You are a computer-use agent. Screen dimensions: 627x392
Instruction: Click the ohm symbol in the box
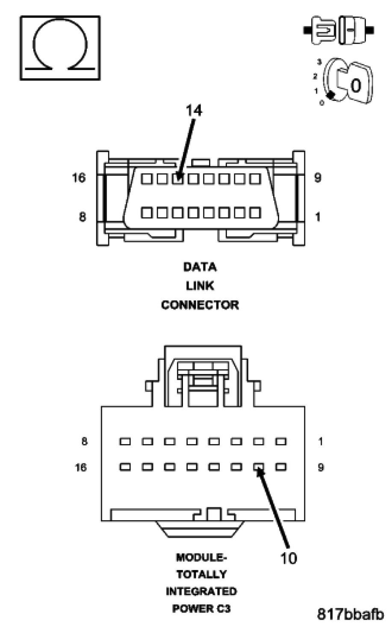point(60,47)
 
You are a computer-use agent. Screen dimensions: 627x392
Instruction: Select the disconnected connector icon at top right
point(339,29)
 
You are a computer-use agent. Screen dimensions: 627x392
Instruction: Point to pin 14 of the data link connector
point(178,178)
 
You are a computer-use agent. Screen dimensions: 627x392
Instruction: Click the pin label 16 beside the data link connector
point(79,178)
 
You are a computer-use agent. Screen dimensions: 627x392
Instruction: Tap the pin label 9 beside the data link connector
point(318,178)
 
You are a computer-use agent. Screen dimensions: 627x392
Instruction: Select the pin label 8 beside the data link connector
point(82,217)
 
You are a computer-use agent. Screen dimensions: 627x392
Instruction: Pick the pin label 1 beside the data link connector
point(318,217)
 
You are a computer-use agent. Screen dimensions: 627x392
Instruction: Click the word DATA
point(200,267)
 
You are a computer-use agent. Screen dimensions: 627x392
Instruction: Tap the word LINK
point(200,286)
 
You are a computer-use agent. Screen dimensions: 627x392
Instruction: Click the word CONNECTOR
point(200,305)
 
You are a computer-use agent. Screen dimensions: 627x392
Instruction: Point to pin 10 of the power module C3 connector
point(259,467)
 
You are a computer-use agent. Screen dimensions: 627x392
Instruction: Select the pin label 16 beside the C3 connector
point(80,467)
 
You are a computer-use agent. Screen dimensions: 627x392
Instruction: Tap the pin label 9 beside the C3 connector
point(321,467)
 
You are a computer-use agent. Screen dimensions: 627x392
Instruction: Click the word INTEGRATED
point(201,592)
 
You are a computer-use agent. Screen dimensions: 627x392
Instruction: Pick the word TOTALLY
point(201,574)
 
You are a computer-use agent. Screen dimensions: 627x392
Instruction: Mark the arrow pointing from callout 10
point(274,509)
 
